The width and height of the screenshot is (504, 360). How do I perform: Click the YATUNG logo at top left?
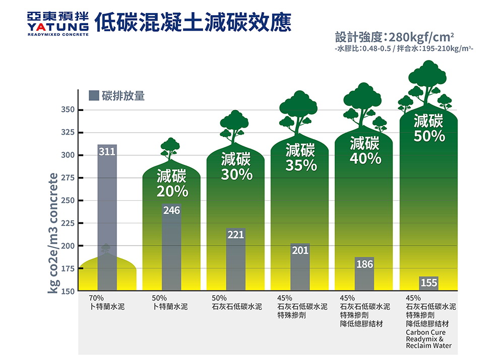point(58,23)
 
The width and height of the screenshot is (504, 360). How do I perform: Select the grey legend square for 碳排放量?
point(94,95)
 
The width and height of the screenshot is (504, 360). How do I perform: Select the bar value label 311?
point(106,151)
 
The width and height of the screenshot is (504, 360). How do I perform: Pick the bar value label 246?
point(171,210)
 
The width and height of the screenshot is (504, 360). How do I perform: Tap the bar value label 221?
point(236,235)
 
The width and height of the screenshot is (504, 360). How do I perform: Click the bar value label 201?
point(300,251)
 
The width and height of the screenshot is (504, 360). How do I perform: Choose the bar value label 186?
point(364,264)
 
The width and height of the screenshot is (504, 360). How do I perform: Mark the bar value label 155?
point(429,283)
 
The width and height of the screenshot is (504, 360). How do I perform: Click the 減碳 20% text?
point(172,184)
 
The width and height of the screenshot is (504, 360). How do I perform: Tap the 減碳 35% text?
point(300,157)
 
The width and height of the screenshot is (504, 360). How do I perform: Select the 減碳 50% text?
point(429,129)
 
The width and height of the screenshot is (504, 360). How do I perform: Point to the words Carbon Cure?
point(425,333)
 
